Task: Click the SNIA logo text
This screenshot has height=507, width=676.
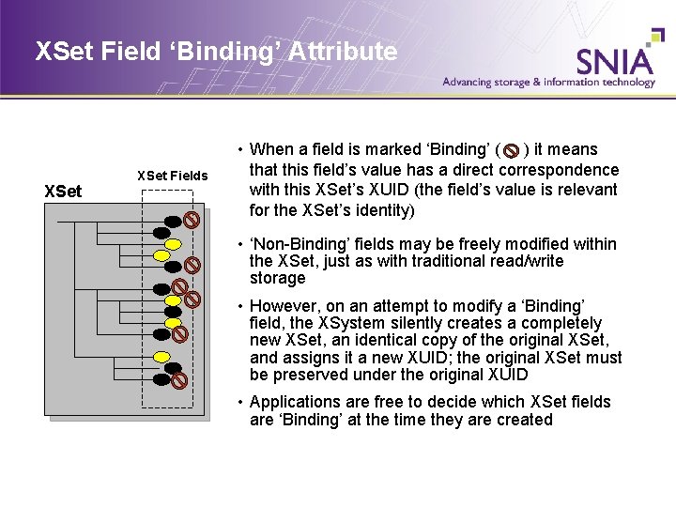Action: [x=614, y=60]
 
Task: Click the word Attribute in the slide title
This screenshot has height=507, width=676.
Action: [x=338, y=52]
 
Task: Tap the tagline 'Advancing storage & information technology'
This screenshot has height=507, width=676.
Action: [x=549, y=83]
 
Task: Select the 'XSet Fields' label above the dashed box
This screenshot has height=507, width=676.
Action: [x=173, y=176]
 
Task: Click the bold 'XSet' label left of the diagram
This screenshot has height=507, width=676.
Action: [x=64, y=192]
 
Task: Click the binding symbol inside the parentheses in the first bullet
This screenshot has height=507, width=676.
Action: [x=512, y=150]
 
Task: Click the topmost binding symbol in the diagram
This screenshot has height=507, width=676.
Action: [x=191, y=221]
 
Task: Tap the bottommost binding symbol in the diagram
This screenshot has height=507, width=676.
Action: [x=179, y=380]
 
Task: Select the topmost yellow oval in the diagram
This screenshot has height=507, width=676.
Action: [x=161, y=238]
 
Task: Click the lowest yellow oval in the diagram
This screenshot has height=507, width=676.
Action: [x=162, y=358]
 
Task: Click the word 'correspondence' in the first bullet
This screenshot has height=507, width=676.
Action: [x=560, y=170]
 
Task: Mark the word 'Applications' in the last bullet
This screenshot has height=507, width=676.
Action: [x=293, y=402]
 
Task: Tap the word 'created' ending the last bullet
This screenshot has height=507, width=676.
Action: [x=524, y=420]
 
